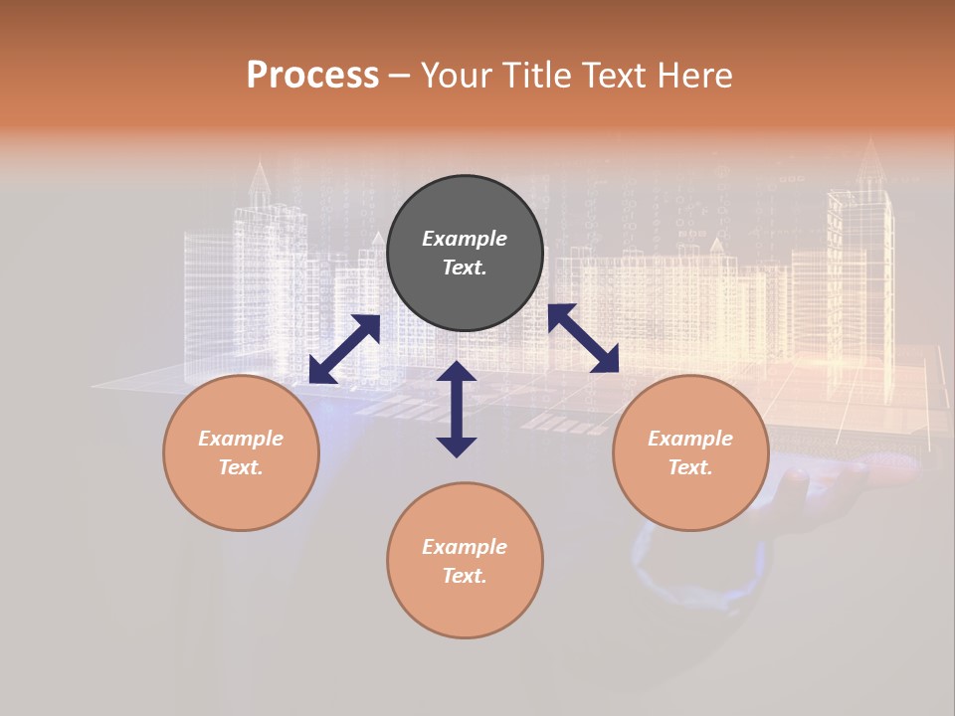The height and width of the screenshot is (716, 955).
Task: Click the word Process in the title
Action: click(x=312, y=76)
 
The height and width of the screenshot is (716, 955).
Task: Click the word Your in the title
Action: click(x=455, y=76)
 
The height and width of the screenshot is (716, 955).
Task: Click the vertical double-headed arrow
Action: click(x=457, y=409)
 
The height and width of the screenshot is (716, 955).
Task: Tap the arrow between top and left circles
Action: click(x=344, y=349)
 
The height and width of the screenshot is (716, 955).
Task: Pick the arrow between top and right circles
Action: click(x=584, y=338)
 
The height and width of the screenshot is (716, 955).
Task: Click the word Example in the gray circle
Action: click(x=465, y=239)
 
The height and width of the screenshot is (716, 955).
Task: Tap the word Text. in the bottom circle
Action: click(x=465, y=576)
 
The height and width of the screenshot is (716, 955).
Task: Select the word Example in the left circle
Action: click(x=241, y=439)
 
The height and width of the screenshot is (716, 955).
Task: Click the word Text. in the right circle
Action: click(x=690, y=467)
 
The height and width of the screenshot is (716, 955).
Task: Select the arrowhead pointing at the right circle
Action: click(x=606, y=360)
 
